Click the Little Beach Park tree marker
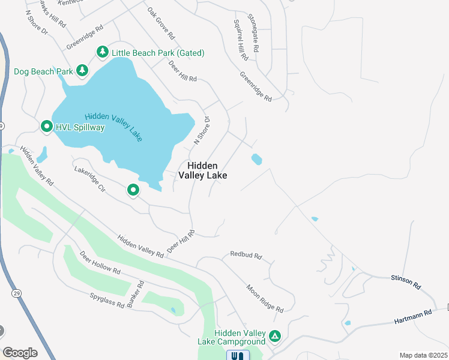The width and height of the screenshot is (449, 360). pos(102,53)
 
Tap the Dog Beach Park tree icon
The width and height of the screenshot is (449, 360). pos(82,71)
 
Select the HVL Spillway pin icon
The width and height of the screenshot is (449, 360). pos(46,127)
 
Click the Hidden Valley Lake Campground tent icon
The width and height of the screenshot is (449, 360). pos(275,336)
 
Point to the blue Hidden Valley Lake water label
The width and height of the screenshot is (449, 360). pos(113,127)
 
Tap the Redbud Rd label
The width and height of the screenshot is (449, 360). pos(246,256)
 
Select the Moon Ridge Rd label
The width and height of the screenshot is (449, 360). pos(265,298)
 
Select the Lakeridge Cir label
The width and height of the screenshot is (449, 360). pos(89,179)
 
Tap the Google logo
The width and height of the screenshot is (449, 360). pos(20,353)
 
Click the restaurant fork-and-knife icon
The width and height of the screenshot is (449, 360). pos(237,356)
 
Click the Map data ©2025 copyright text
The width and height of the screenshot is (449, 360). pos(423,355)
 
